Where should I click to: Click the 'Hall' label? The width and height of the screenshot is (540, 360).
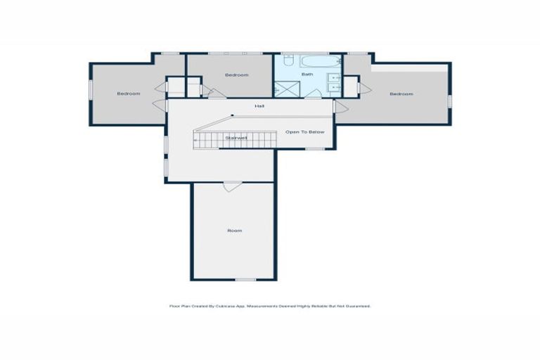tap(259, 106)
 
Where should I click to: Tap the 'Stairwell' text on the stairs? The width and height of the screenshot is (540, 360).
tap(236, 138)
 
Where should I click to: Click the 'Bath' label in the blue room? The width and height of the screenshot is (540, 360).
tap(307, 74)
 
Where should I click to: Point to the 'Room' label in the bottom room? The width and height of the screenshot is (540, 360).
tap(234, 231)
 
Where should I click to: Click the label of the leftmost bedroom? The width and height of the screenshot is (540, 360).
tap(128, 94)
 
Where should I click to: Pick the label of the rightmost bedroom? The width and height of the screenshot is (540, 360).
tap(401, 94)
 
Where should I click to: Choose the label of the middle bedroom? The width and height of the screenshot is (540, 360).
tap(236, 75)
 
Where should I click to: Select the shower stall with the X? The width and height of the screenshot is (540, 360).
tap(285, 89)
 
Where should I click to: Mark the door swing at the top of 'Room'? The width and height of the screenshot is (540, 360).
tap(233, 186)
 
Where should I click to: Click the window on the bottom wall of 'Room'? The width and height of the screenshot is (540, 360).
tap(245, 280)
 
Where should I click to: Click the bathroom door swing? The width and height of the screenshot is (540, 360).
tap(313, 93)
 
